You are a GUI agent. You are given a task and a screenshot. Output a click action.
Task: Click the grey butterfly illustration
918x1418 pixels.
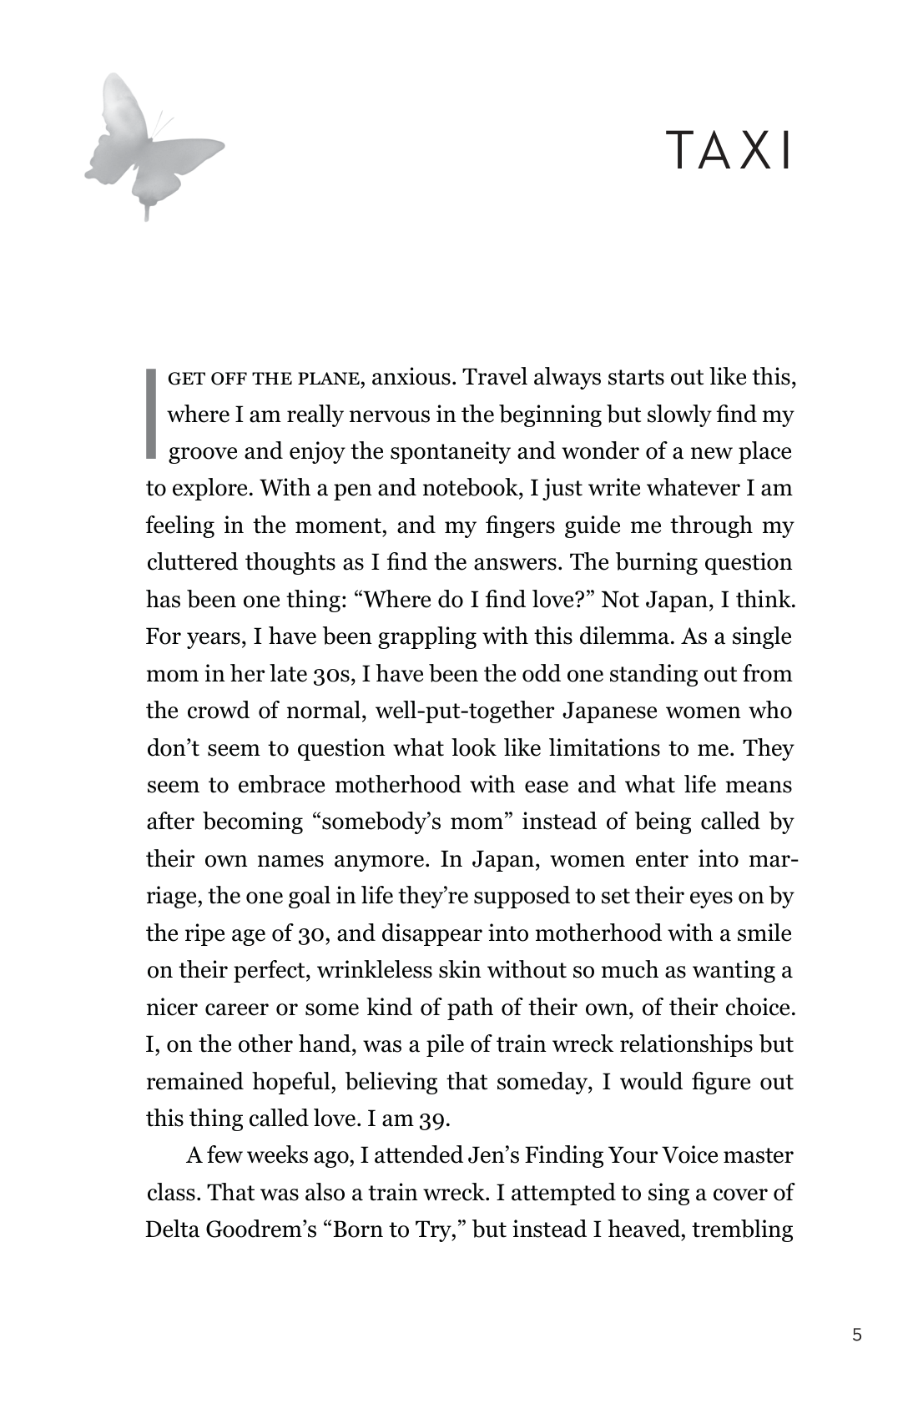tap(150, 143)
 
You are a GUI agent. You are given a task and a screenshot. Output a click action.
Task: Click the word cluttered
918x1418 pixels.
tap(192, 562)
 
